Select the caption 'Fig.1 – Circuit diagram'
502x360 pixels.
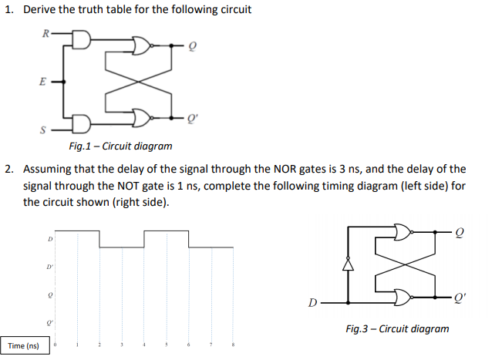120,146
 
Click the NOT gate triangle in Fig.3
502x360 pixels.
348,265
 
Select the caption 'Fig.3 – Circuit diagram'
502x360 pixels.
397,328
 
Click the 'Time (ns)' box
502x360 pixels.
25,346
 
